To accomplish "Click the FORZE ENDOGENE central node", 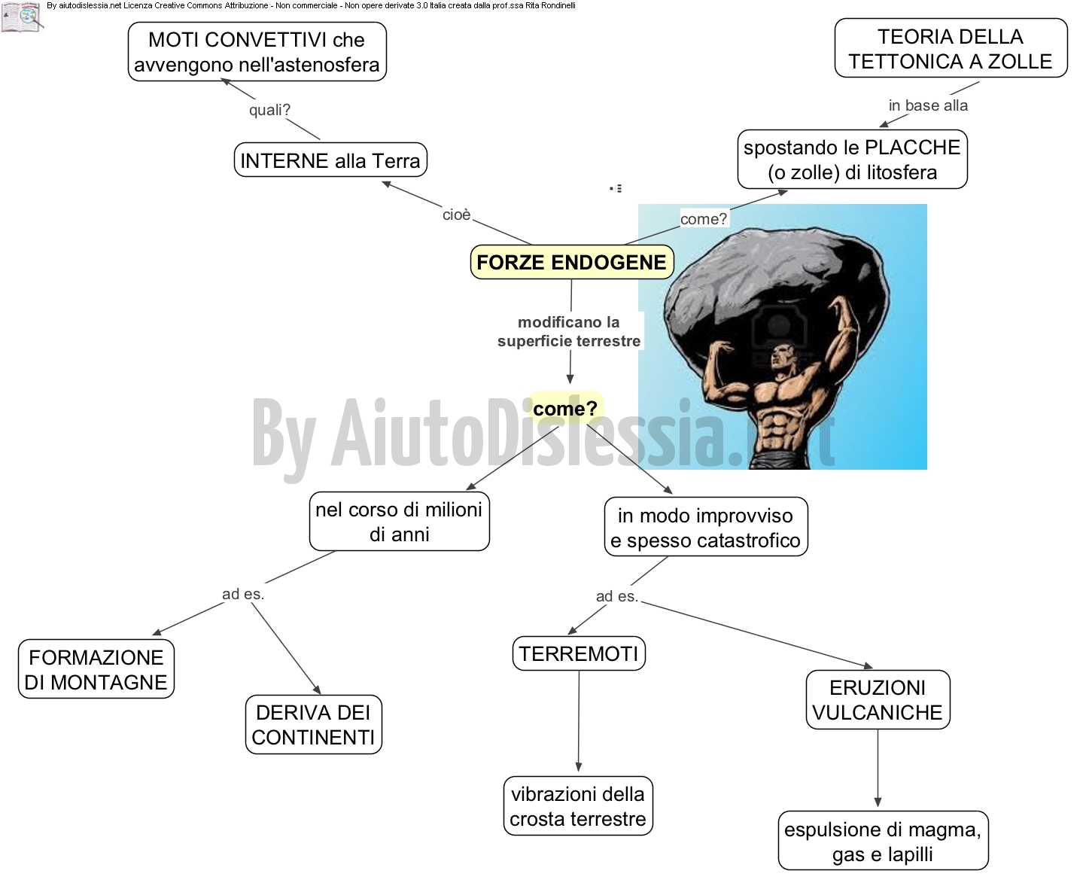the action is (571, 262).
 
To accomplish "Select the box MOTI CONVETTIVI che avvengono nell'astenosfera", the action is (257, 51).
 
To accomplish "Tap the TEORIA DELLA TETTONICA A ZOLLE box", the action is (951, 48).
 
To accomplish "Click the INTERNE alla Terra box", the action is (330, 160).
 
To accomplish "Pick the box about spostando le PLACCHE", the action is (852, 160).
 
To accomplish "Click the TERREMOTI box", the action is (579, 653).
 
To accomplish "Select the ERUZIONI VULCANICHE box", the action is (878, 700).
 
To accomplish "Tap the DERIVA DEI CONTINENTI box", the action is (314, 725).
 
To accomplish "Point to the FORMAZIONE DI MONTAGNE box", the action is (96, 670).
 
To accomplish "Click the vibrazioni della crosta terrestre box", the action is (578, 806).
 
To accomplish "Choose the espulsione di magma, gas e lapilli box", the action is (883, 841).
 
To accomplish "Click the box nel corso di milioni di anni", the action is (399, 522).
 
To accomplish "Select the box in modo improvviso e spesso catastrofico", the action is (705, 527).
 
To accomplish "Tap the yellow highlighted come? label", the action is (565, 409).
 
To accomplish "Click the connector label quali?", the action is (270, 110).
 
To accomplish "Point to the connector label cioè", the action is (457, 215).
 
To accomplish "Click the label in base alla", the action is (928, 105).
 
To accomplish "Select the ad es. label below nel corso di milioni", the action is (243, 594).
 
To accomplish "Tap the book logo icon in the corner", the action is (22, 17).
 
